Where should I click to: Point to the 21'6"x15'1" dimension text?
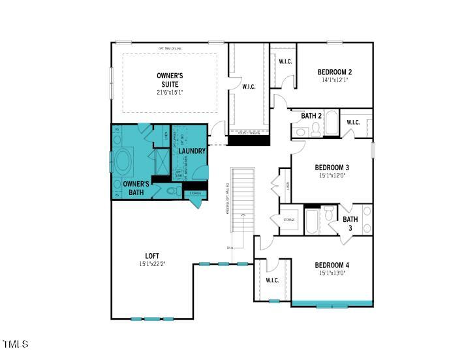coord(170,93)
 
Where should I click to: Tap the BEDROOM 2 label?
coord(335,72)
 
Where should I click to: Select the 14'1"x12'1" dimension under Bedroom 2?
coord(335,80)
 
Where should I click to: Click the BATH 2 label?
coord(311,116)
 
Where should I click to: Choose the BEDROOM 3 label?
coord(332,166)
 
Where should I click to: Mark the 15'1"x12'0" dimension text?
coord(332,175)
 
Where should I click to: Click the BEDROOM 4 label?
coord(332,265)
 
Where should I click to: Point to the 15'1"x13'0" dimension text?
coord(332,273)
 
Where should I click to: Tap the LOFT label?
coord(152,256)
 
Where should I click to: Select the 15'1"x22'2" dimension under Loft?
coord(152,264)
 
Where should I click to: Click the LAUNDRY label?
coord(192,151)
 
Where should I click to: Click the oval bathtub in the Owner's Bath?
coord(123,160)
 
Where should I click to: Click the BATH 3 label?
coord(350,224)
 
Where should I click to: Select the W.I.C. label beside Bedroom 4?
coord(272,280)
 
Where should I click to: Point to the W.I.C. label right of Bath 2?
coord(353,122)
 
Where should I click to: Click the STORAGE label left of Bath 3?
coord(288,220)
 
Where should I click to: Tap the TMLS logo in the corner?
coord(16,344)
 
